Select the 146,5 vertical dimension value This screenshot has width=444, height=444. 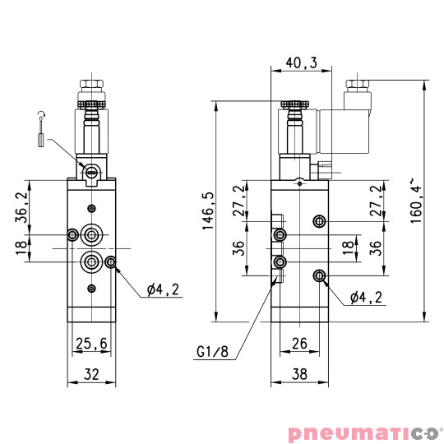click(x=207, y=213)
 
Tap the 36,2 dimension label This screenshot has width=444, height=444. click(x=22, y=207)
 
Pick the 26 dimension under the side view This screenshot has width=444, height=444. click(x=299, y=343)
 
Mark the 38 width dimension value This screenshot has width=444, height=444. click(x=299, y=374)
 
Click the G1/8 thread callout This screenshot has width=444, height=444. click(x=211, y=354)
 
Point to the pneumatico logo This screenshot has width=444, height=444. click(x=364, y=431)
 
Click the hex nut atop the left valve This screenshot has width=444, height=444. click(x=91, y=85)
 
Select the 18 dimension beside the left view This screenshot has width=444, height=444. click(x=22, y=248)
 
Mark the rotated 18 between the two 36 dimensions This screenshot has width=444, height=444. click(x=348, y=248)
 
